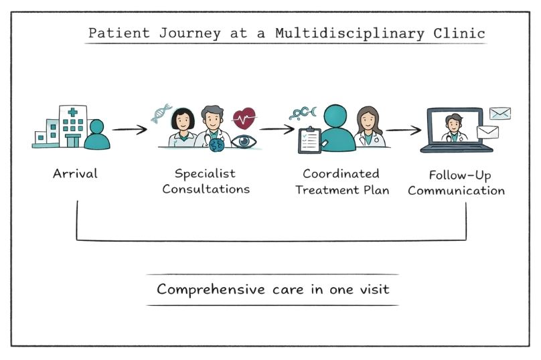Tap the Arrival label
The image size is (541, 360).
[75, 174]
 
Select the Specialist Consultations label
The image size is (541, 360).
[206, 181]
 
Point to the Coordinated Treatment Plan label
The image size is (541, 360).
[341, 181]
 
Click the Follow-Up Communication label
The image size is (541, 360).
[456, 182]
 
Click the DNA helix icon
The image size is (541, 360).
[161, 113]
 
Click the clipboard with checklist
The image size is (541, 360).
[309, 139]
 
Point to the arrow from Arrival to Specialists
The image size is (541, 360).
[129, 128]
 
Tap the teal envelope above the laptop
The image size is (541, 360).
[499, 113]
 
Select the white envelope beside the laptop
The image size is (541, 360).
[487, 132]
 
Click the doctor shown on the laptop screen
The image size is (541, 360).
[454, 128]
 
